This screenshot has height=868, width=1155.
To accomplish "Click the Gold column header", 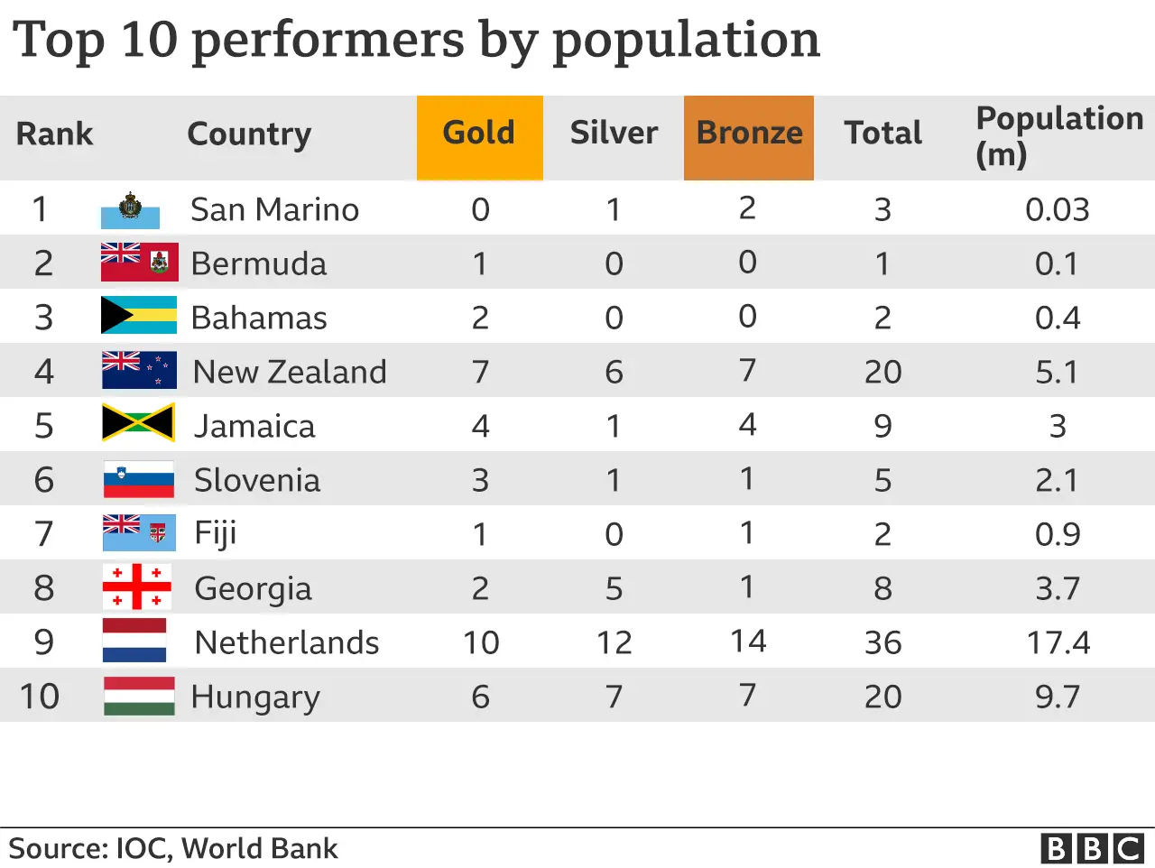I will click(479, 134).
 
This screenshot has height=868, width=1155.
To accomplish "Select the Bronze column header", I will click(749, 134).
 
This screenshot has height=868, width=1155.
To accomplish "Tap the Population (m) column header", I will click(1058, 135).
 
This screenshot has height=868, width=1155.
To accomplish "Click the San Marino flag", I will click(131, 209).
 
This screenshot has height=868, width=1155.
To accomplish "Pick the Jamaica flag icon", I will click(138, 423).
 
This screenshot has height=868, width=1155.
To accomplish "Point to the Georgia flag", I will click(137, 586).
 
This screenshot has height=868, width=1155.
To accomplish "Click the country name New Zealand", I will click(290, 372).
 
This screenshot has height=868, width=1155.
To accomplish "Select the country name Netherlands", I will click(287, 642).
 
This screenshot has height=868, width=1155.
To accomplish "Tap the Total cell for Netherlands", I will click(882, 642).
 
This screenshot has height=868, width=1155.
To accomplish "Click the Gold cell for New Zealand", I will click(480, 372).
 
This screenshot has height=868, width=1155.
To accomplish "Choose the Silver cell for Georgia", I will click(614, 588).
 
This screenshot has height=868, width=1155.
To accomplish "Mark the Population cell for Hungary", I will click(1057, 697).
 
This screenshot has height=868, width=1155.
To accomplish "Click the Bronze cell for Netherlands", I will click(748, 642).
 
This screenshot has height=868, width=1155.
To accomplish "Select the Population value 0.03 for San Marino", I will click(1057, 209).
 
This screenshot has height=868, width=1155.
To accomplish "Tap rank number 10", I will click(40, 697).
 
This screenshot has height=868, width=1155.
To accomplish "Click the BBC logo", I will click(1092, 849).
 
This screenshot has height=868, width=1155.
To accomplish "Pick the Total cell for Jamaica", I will click(882, 426).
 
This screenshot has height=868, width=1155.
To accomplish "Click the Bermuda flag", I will click(139, 263).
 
